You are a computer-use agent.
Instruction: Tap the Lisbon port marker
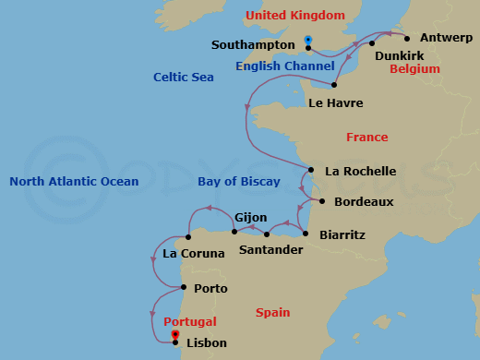tap(175, 342)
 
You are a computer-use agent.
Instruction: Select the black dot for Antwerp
tap(406, 39)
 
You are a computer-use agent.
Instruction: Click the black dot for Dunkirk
tap(372, 43)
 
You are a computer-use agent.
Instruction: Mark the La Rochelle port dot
tap(311, 170)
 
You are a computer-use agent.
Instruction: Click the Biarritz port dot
tap(306, 234)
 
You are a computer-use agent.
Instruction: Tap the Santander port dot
tap(267, 234)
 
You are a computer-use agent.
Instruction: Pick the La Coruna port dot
tap(188, 237)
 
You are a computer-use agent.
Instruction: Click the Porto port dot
tap(181, 287)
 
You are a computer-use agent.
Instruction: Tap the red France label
tap(366, 138)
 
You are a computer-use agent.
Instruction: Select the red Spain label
tap(273, 313)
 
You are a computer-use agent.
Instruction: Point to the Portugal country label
tap(189, 322)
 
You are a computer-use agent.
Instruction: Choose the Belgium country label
tap(414, 69)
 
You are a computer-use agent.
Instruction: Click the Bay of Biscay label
tap(239, 182)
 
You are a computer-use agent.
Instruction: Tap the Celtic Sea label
tap(183, 78)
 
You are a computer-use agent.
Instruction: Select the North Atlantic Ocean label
tap(74, 182)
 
